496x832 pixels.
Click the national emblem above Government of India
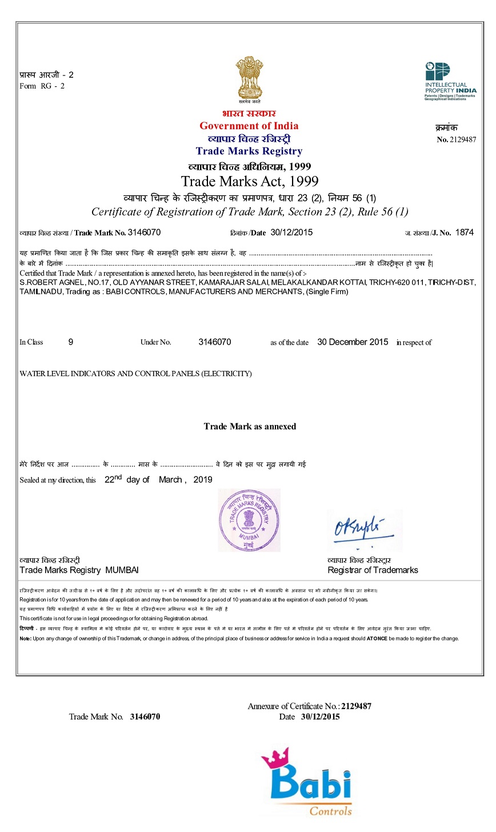tap(249, 79)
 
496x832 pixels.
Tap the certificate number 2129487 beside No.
tap(463, 139)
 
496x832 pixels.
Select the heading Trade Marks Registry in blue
tap(249, 151)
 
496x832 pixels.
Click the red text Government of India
tap(249, 126)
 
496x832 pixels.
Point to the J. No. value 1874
tap(464, 233)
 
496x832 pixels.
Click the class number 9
tap(71, 342)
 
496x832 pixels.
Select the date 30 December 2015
tap(353, 342)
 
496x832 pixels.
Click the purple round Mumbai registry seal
tap(249, 520)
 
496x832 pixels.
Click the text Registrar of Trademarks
tap(373, 570)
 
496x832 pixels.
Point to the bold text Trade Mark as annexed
tap(250, 426)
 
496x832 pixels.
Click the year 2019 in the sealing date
tap(203, 480)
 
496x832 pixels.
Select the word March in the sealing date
tap(170, 480)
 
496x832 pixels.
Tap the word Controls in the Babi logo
tap(331, 811)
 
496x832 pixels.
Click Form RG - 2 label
tap(42, 86)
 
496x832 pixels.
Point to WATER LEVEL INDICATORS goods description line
tap(135, 374)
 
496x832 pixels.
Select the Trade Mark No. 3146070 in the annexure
tap(145, 717)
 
